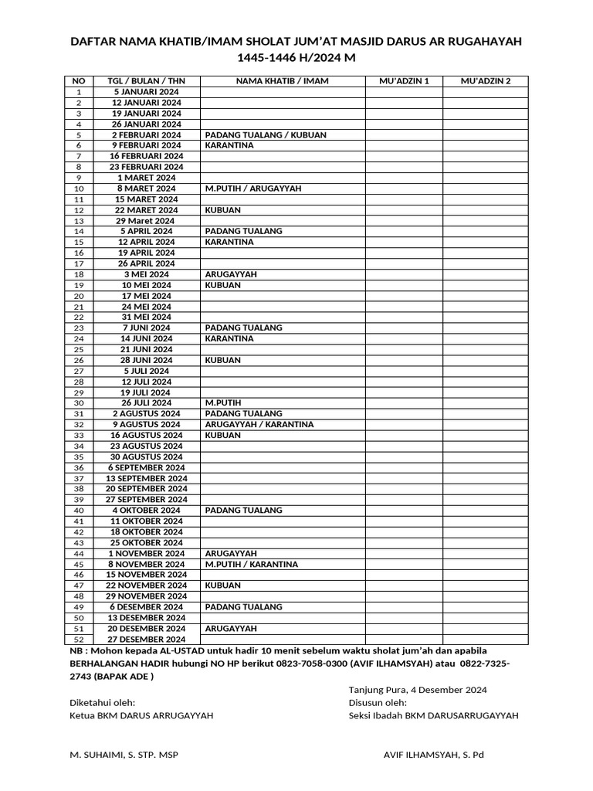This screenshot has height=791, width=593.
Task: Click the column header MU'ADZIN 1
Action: pyautogui.click(x=404, y=81)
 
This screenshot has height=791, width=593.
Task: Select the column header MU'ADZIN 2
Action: pyautogui.click(x=485, y=81)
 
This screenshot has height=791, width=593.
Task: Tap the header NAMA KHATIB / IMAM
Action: pyautogui.click(x=283, y=81)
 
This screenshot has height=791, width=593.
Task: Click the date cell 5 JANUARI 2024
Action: pyautogui.click(x=146, y=92)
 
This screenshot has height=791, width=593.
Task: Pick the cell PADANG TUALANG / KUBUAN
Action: pyautogui.click(x=266, y=134)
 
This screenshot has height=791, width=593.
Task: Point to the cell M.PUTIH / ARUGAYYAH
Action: pyautogui.click(x=253, y=188)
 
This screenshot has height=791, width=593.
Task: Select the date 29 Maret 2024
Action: pyautogui.click(x=146, y=221)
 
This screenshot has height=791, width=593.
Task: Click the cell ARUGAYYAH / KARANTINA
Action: pyautogui.click(x=259, y=424)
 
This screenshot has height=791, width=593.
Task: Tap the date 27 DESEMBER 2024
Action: pyautogui.click(x=146, y=640)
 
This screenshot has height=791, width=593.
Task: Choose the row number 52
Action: pyautogui.click(x=78, y=640)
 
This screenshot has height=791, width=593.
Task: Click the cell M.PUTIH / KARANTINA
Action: pyautogui.click(x=252, y=564)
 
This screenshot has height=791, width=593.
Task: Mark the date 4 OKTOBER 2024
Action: pyautogui.click(x=146, y=510)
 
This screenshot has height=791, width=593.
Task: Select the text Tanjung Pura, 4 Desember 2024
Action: pyautogui.click(x=418, y=690)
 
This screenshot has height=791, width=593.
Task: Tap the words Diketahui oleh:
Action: pyautogui.click(x=103, y=702)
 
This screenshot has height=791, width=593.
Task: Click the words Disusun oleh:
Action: pyautogui.click(x=378, y=702)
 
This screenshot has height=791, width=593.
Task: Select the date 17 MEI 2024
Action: pyautogui.click(x=146, y=296)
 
